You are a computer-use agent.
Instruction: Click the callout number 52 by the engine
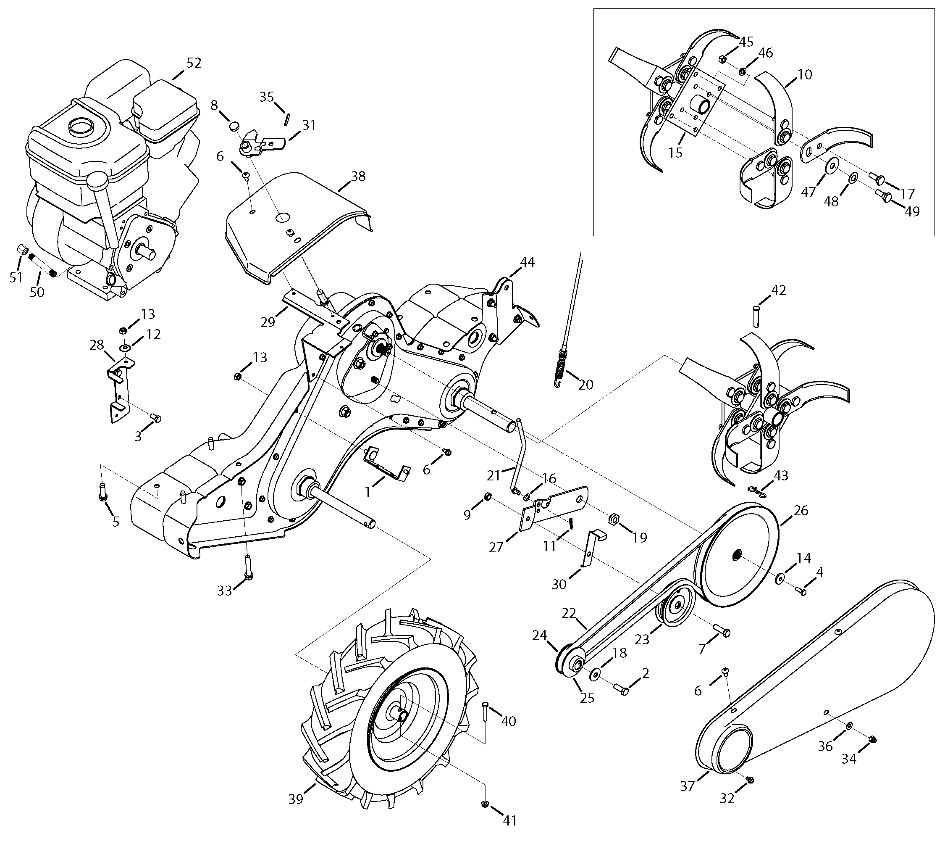(x=194, y=63)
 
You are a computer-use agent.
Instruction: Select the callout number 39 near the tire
(x=296, y=799)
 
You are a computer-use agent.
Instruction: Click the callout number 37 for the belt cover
(x=687, y=786)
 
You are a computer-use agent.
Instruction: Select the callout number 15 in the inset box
(x=675, y=153)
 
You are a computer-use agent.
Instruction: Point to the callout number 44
(x=528, y=262)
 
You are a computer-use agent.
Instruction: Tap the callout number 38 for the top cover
(x=358, y=177)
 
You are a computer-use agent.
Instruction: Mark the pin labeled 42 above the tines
(x=757, y=314)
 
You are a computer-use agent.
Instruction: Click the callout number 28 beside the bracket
(x=97, y=345)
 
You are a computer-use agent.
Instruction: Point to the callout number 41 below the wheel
(x=509, y=833)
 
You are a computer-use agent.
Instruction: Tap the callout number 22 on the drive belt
(x=569, y=614)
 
